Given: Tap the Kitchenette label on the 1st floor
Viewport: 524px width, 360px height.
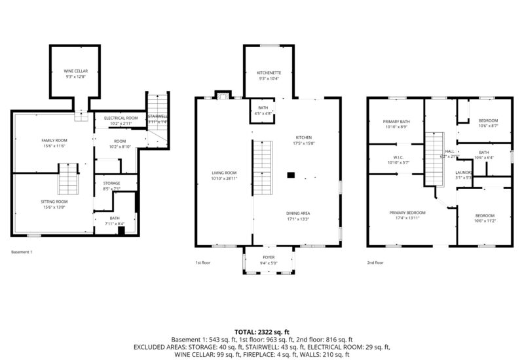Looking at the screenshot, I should [269, 73].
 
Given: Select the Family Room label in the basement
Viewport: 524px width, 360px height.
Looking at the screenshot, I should [54, 140].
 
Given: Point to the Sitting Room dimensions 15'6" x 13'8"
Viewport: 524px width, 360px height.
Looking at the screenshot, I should [54, 207].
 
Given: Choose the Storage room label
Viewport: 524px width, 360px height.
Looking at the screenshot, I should [111, 183].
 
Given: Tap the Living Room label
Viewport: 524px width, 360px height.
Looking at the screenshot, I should [224, 173].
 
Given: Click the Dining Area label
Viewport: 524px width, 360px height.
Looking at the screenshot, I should [297, 213].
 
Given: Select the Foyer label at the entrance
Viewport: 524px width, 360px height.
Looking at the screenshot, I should [269, 257].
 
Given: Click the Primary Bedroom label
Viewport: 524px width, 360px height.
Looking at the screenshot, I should [407, 213].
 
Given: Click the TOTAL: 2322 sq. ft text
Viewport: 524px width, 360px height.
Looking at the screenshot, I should [261, 332].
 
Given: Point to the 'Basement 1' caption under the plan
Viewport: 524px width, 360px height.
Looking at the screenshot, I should [22, 252].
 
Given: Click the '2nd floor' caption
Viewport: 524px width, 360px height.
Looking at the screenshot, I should [375, 262].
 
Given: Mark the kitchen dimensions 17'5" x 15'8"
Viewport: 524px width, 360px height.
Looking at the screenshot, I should [305, 143].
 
